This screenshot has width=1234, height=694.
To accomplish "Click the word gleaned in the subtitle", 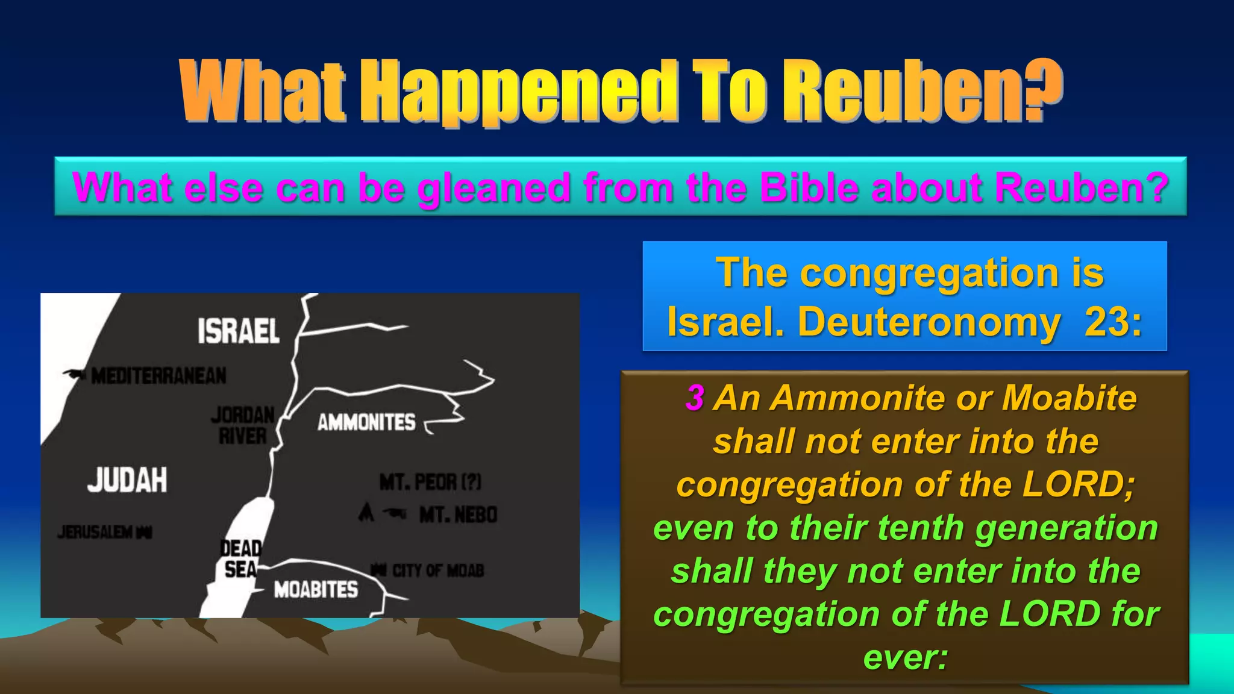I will click(x=494, y=188).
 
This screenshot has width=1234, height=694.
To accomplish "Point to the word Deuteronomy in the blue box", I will click(x=928, y=322).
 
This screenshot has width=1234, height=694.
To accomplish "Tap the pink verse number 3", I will click(x=695, y=398).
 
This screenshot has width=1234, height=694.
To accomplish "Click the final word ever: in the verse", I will click(x=905, y=657).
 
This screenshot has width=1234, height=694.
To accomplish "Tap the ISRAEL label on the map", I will click(x=239, y=331).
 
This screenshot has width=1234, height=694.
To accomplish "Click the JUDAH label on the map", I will click(x=127, y=480).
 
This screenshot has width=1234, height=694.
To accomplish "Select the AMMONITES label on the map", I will click(x=366, y=422).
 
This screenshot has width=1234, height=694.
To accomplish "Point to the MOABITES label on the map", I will click(x=316, y=589).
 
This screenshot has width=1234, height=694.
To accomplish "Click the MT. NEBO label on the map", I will click(x=458, y=515).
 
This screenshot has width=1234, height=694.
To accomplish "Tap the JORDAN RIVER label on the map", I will click(x=243, y=425).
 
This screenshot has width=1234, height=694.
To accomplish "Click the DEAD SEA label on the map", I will click(x=240, y=558).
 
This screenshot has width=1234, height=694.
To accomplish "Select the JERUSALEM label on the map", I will click(x=96, y=532).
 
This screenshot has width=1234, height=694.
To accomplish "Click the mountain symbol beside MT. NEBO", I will click(x=366, y=513).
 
